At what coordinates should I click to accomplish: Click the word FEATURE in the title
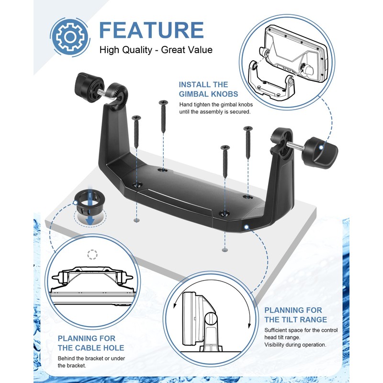[151, 30]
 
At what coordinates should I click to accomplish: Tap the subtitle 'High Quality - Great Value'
[156, 50]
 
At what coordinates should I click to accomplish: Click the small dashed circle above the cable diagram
[92, 254]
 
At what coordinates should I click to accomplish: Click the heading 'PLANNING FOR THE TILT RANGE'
[296, 315]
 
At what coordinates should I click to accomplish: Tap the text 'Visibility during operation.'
[295, 345]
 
